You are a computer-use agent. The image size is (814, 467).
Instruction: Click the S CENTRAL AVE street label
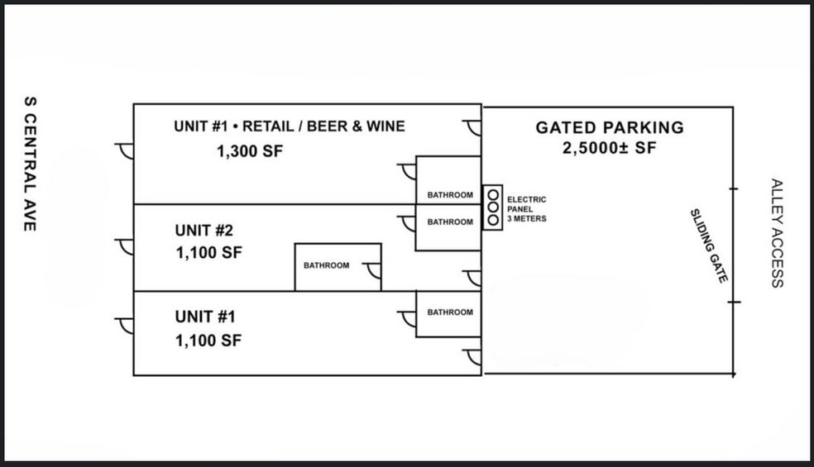pos(30,164)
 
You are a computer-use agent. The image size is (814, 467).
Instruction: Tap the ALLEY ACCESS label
pos(777,233)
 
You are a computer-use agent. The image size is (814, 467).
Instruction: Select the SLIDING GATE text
pos(709,246)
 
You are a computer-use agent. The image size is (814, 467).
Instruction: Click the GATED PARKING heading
pos(610,127)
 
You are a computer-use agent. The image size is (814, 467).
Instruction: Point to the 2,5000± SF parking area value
pos(610,149)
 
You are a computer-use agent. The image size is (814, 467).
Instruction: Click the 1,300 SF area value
pos(250,151)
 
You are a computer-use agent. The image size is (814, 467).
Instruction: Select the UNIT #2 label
pos(204,230)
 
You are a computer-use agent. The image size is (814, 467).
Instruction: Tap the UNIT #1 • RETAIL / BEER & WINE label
pos(290,126)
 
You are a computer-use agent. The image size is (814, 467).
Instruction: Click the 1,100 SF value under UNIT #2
pos(208,253)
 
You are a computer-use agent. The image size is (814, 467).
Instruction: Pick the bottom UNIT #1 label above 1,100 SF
pos(205,317)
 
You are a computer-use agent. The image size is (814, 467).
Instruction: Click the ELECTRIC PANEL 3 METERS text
pos(526,209)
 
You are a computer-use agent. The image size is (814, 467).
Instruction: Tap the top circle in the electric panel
pos(493,195)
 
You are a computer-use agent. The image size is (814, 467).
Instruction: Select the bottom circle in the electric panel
pos(493,220)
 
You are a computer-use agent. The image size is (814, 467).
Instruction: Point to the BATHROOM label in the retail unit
pos(450,195)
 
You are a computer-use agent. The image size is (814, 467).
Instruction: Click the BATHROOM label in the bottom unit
pos(450,312)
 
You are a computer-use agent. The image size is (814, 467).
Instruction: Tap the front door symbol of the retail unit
pos(125,151)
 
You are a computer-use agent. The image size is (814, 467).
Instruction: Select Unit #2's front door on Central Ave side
pos(125,247)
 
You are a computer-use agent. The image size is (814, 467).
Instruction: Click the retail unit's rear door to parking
pos(472,128)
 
